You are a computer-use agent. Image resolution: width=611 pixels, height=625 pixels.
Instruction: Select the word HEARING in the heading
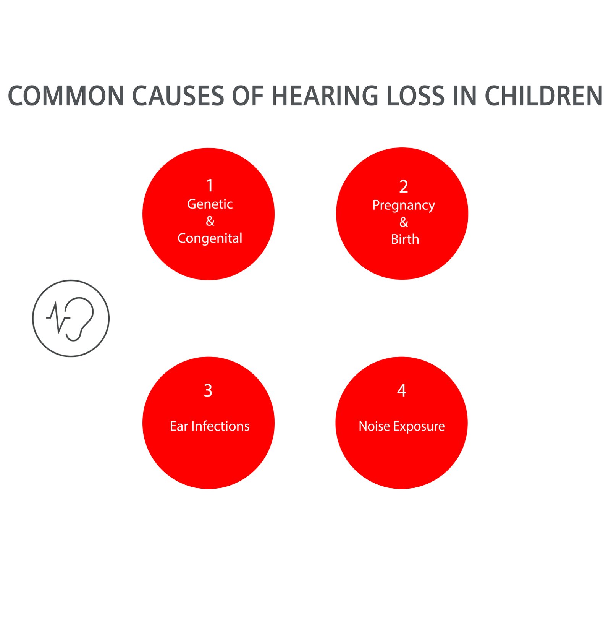pyautogui.click(x=325, y=96)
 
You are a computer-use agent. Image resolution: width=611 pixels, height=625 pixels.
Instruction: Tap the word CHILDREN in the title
pyautogui.click(x=544, y=96)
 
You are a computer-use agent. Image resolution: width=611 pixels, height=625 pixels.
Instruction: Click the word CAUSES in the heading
pyautogui.click(x=178, y=96)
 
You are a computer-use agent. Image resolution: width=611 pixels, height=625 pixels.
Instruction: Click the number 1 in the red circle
pyautogui.click(x=210, y=186)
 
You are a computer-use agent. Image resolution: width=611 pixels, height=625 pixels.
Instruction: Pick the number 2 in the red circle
pyautogui.click(x=404, y=186)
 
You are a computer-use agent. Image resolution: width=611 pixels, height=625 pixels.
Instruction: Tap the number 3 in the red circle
pyautogui.click(x=208, y=390)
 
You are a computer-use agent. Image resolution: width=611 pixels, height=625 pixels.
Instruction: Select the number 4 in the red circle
pyautogui.click(x=402, y=390)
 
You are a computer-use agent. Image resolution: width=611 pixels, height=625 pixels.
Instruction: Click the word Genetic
pyautogui.click(x=210, y=204)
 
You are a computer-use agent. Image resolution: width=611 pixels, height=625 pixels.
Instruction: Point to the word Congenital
pyautogui.click(x=210, y=238)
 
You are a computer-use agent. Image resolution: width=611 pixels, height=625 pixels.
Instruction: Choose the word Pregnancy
pyautogui.click(x=404, y=206)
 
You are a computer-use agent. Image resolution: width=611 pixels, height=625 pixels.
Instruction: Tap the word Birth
pyautogui.click(x=405, y=239)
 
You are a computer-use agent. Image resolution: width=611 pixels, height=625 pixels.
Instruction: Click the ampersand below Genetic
pyautogui.click(x=210, y=221)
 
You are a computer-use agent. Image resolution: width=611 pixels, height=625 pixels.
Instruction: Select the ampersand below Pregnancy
pyautogui.click(x=404, y=222)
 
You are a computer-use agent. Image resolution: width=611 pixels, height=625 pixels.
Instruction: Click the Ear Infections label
pyautogui.click(x=210, y=426)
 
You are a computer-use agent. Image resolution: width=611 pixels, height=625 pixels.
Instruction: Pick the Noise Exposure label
pyautogui.click(x=402, y=426)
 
